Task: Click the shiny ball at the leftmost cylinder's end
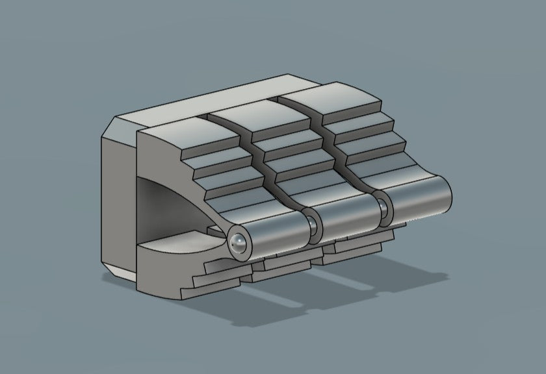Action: pyautogui.click(x=238, y=243)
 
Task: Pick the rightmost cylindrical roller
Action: pyautogui.click(x=419, y=199)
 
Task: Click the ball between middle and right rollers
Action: pyautogui.click(x=384, y=207)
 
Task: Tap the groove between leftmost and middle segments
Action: pyautogui.click(x=257, y=156)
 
